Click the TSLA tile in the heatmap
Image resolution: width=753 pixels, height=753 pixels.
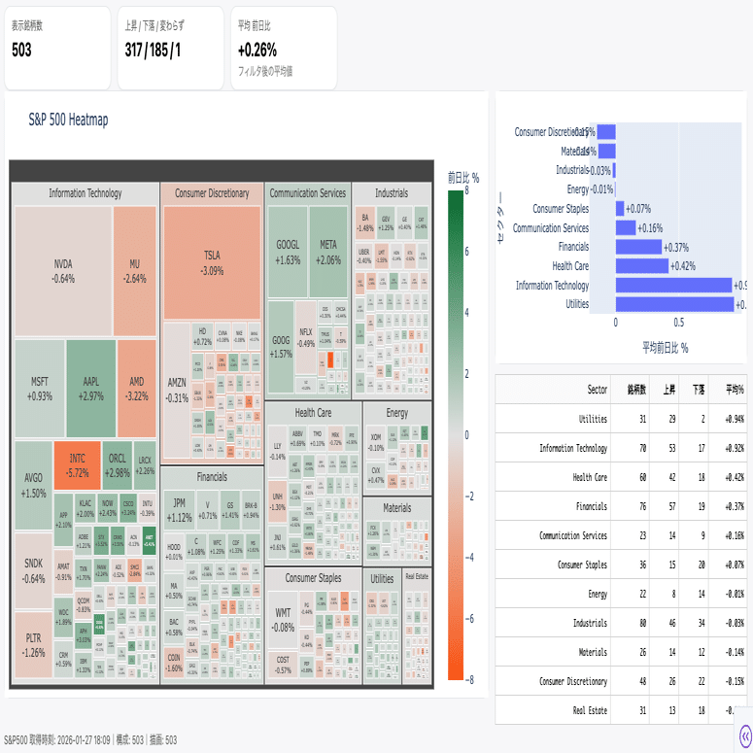(212, 261)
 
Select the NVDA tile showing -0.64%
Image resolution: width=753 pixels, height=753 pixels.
(63, 270)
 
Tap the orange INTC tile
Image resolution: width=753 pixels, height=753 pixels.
(77, 464)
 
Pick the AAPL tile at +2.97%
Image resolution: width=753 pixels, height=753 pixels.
(90, 388)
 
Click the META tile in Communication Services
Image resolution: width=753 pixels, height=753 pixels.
(329, 252)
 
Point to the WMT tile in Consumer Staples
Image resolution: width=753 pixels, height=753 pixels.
(284, 619)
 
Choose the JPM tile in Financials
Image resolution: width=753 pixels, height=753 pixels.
(179, 510)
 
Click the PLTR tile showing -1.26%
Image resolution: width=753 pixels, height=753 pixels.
(34, 644)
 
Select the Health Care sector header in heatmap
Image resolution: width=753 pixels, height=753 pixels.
(313, 413)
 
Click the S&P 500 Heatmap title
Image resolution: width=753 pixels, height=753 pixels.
(68, 120)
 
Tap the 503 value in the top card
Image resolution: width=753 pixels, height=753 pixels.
(21, 51)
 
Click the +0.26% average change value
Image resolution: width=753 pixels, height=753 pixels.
(257, 51)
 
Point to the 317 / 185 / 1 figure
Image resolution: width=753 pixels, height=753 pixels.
(154, 51)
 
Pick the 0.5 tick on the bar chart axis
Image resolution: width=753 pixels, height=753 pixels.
(679, 323)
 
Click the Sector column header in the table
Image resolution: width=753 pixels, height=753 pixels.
(598, 390)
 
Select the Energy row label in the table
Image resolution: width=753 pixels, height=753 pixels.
(596, 594)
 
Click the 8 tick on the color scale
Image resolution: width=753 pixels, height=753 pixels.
(468, 191)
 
